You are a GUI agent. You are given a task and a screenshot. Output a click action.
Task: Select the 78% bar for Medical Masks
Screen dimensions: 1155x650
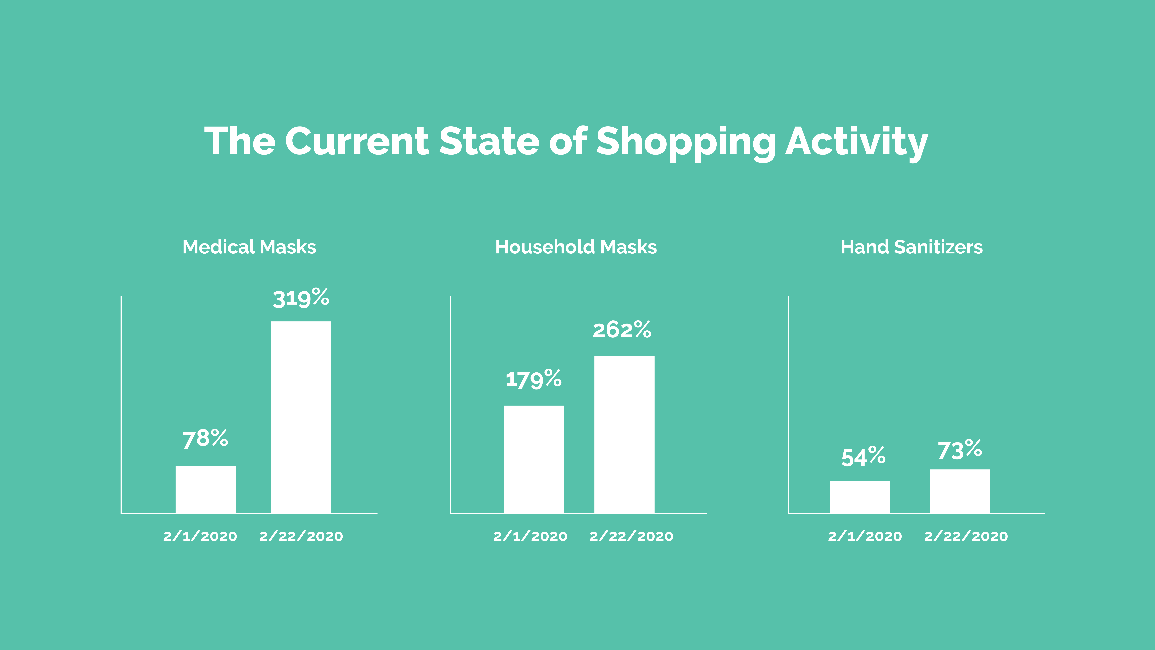click(205, 489)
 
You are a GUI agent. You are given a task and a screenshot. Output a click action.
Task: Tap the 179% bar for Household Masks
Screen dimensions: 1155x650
click(534, 459)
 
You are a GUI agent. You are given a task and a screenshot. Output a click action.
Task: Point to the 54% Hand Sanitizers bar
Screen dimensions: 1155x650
click(860, 497)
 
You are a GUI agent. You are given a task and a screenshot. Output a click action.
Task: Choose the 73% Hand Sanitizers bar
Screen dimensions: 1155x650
click(960, 491)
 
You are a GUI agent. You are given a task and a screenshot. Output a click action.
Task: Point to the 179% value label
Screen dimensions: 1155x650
click(534, 379)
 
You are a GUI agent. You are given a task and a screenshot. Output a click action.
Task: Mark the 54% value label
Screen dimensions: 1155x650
click(863, 457)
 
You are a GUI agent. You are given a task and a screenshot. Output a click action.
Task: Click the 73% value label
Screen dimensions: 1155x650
click(960, 450)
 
